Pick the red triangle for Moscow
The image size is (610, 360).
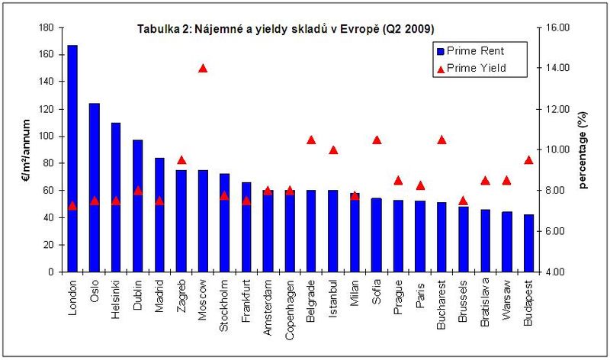point(203,68)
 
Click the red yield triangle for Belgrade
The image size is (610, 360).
point(311,140)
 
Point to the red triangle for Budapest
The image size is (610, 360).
point(528,160)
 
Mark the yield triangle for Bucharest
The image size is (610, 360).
point(441,140)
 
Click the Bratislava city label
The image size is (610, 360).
point(485,306)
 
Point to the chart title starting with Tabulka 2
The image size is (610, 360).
point(286,28)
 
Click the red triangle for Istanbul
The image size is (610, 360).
point(333,149)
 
